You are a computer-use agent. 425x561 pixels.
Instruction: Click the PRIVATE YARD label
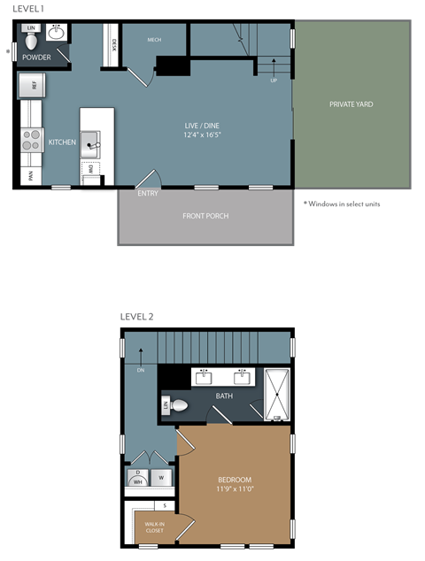(351, 104)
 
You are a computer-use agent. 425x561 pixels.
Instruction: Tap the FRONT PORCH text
(205, 216)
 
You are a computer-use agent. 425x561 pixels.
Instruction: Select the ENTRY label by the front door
(148, 192)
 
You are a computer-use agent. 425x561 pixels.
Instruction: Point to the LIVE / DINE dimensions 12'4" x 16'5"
(203, 135)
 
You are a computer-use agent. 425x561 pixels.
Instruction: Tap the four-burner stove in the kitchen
(31, 141)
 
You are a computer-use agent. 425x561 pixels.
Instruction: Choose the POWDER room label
(35, 57)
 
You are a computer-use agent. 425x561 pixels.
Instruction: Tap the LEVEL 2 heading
(137, 317)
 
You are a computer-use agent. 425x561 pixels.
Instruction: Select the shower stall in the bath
(277, 393)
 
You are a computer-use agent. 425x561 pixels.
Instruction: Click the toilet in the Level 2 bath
(178, 406)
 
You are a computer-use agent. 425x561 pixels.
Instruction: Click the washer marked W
(161, 478)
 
